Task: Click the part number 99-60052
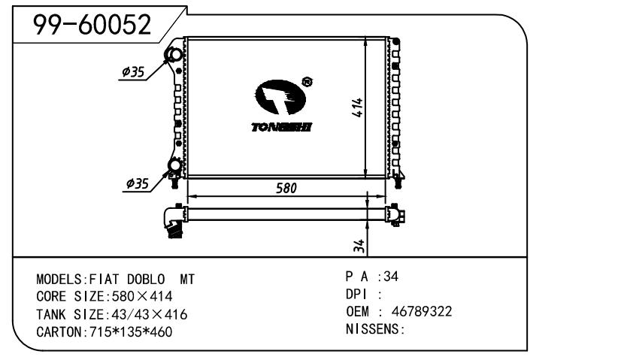(92, 25)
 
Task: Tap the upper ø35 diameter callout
(133, 72)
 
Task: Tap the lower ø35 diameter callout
(138, 184)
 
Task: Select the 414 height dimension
(357, 107)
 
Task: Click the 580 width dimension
(286, 188)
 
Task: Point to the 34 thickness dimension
(359, 246)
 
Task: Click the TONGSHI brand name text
(282, 127)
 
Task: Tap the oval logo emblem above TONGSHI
(280, 97)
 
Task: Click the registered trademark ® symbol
(307, 82)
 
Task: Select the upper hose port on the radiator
(174, 55)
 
